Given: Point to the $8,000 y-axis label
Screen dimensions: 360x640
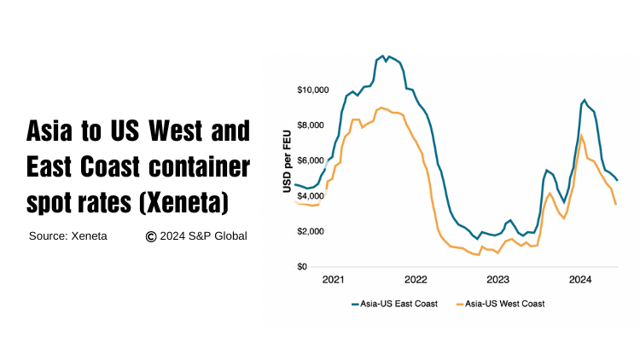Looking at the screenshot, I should [x=313, y=125].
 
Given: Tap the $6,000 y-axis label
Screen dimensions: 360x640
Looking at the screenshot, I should [x=313, y=161].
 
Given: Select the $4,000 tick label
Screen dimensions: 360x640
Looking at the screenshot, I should [x=313, y=196].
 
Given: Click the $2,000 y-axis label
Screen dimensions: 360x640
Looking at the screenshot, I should [x=313, y=232].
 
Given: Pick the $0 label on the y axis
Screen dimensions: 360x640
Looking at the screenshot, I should [x=302, y=267].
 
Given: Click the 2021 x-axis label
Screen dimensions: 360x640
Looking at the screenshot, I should [x=334, y=279].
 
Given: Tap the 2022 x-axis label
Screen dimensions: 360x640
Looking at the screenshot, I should [x=416, y=279].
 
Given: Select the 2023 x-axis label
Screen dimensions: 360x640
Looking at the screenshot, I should [x=497, y=279].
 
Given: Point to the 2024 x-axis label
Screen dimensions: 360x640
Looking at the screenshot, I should [x=580, y=279].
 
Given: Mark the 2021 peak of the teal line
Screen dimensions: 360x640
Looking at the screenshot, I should [x=383, y=56].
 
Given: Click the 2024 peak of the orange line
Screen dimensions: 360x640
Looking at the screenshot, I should [x=581, y=135].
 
